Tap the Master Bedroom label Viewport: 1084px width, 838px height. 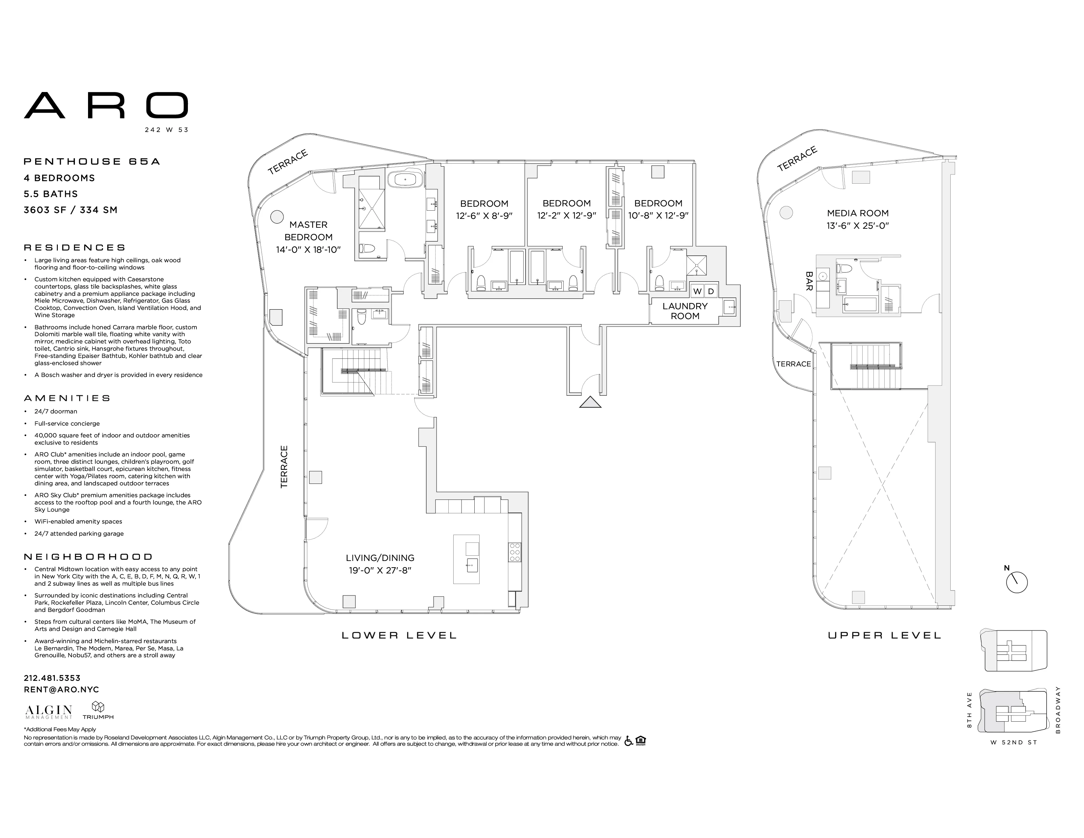click(308, 231)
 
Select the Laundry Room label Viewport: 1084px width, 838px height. click(685, 311)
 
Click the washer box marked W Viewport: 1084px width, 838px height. click(697, 291)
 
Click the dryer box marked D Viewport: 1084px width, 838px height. click(711, 291)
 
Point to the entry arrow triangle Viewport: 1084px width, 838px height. click(590, 403)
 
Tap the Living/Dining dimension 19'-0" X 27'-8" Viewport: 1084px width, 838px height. click(380, 570)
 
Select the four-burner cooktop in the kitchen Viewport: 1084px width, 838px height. click(514, 552)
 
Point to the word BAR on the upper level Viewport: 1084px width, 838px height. click(809, 281)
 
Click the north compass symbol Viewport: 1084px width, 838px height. click(1017, 582)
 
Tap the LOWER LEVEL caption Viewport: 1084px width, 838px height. click(399, 636)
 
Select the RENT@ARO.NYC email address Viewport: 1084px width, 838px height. click(61, 689)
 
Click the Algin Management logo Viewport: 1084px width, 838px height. click(49, 711)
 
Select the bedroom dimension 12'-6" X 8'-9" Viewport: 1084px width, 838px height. click(484, 216)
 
